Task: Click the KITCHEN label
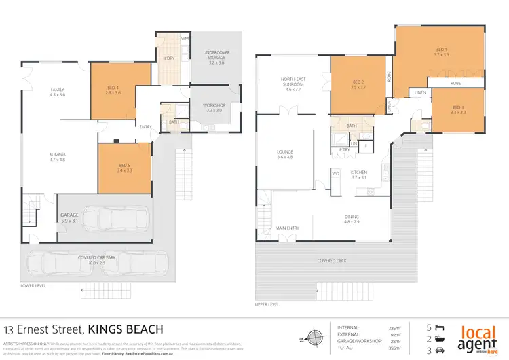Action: (358, 173)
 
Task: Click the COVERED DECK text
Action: (332, 261)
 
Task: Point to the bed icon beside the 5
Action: (440, 326)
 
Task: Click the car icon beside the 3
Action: (440, 351)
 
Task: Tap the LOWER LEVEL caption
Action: (33, 286)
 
